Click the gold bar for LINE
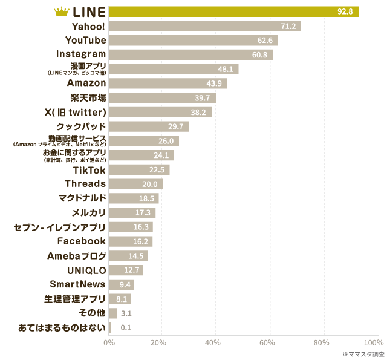(233, 11)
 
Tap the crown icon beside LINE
(62, 11)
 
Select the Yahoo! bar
(204, 26)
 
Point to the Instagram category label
(81, 54)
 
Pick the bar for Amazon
(167, 83)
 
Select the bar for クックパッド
(149, 126)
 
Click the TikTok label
(89, 170)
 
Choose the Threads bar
(135, 184)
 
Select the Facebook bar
(131, 241)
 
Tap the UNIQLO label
(87, 270)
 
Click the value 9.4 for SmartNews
(126, 284)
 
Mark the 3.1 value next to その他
(126, 313)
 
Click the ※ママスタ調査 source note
(363, 353)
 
